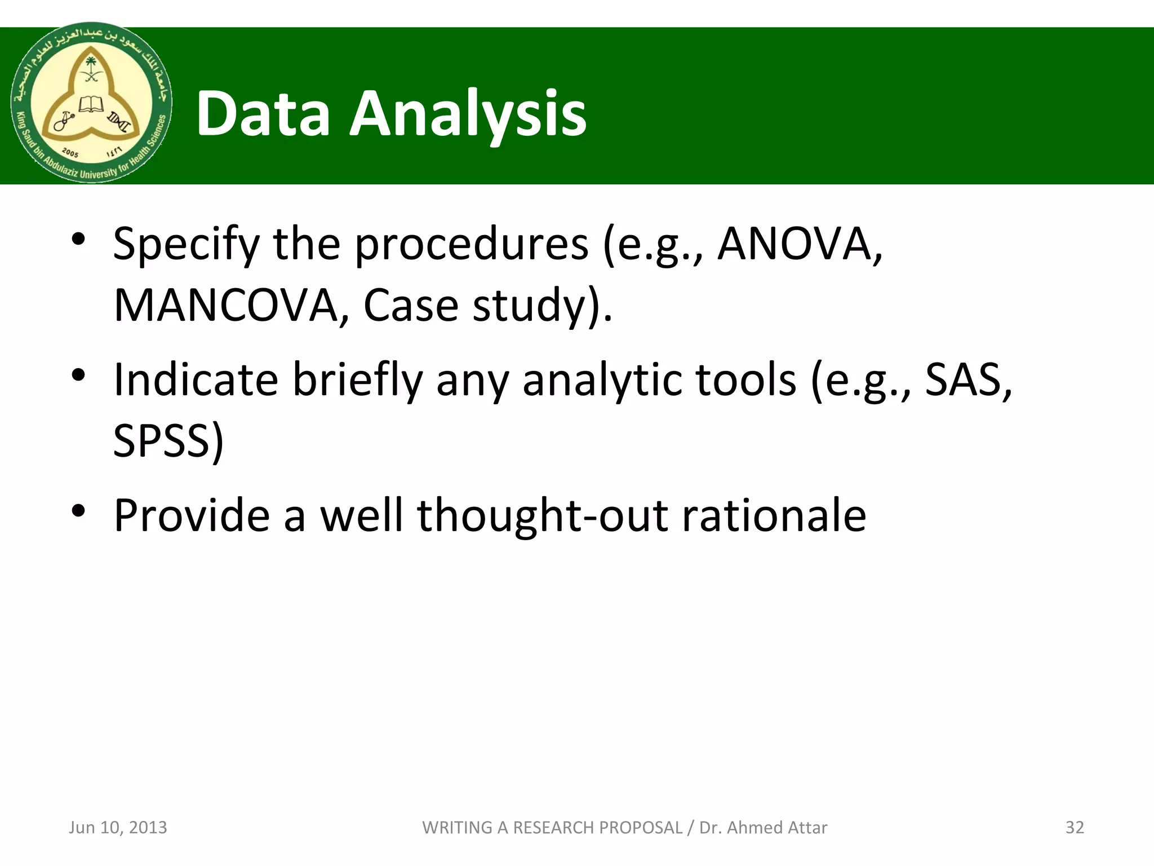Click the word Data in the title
(x=263, y=114)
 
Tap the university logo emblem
(x=91, y=103)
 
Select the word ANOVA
(x=798, y=245)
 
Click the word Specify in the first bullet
(x=187, y=245)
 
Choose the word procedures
(x=471, y=245)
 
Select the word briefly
(x=357, y=380)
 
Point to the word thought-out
(x=542, y=515)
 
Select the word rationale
(x=774, y=515)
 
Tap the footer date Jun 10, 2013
(x=118, y=827)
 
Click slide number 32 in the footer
(x=1075, y=827)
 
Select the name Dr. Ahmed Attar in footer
(x=763, y=827)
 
